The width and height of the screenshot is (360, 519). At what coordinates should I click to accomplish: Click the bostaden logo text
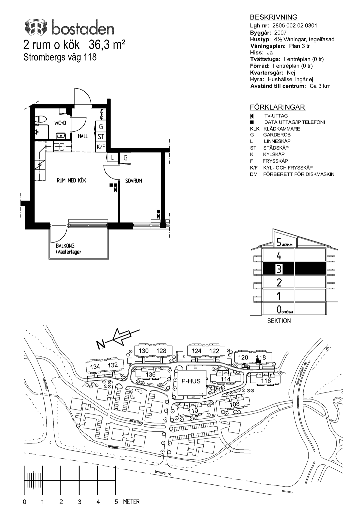click(82, 29)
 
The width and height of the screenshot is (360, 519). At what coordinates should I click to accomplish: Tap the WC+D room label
click(60, 123)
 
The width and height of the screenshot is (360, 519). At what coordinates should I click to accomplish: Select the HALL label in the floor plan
click(83, 136)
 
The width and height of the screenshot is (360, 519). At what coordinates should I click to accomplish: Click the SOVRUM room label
click(134, 181)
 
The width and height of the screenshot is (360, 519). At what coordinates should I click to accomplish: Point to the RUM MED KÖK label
click(71, 181)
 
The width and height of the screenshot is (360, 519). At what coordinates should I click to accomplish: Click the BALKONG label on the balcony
click(65, 246)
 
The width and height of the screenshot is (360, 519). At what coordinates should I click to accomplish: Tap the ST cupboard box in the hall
click(101, 137)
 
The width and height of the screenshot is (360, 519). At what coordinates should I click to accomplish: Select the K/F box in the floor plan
click(101, 147)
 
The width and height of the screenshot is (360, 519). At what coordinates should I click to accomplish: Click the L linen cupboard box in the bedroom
click(113, 158)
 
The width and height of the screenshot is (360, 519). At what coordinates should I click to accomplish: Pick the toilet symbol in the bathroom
click(41, 119)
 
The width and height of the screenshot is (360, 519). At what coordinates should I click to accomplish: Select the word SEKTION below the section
click(279, 321)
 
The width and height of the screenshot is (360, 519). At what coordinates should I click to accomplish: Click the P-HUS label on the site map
click(191, 381)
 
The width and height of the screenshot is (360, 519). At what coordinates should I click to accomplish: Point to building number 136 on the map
click(151, 375)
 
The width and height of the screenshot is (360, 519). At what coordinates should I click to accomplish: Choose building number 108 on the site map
click(235, 404)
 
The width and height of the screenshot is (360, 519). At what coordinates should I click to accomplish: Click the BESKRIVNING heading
click(274, 17)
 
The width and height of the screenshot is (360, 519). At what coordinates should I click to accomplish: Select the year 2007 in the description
click(280, 33)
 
